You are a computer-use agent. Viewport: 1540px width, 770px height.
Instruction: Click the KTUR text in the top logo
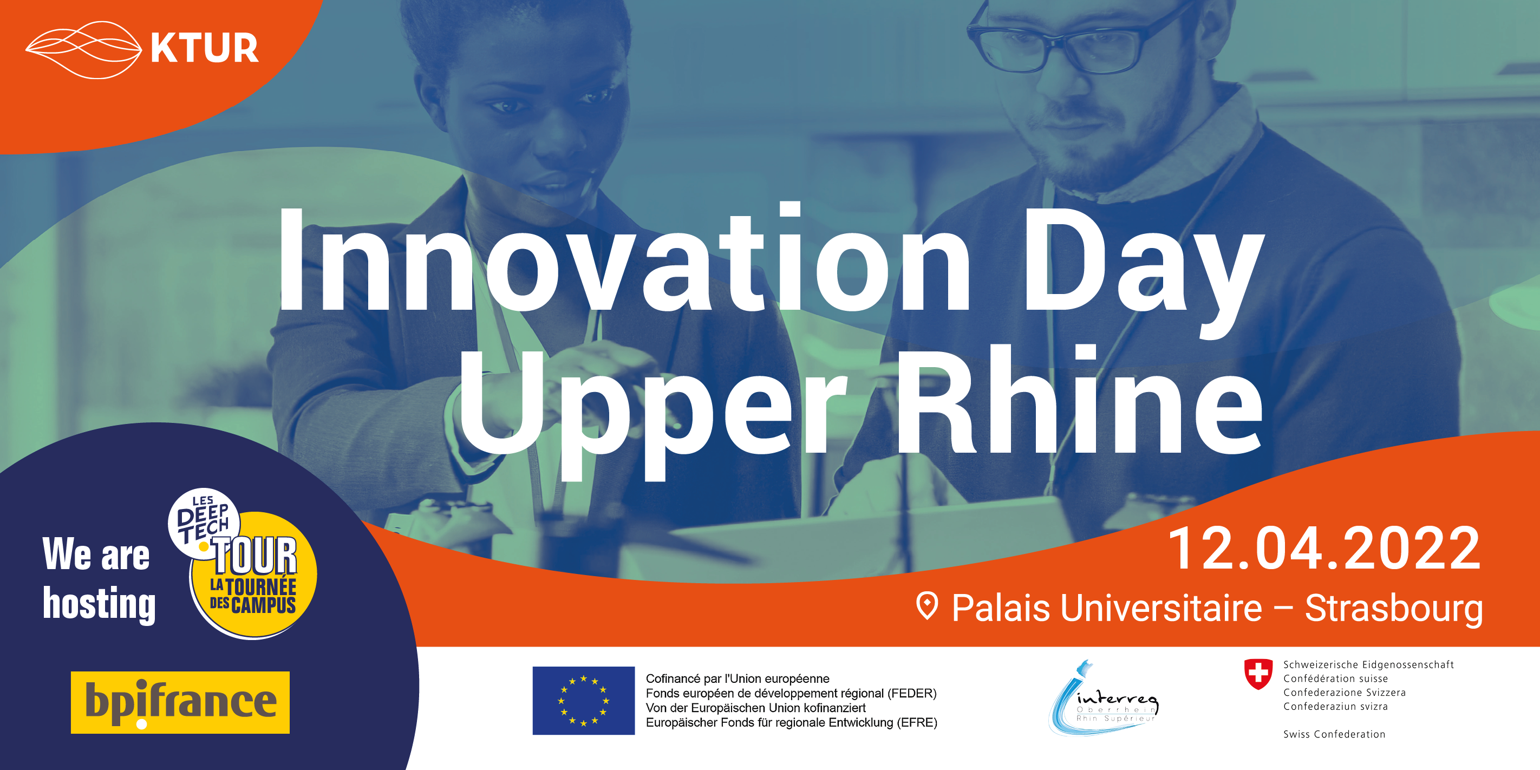[x=205, y=48]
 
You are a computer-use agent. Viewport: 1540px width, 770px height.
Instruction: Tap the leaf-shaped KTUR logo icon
[x=84, y=50]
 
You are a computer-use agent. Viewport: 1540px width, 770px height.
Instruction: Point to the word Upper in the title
[x=654, y=413]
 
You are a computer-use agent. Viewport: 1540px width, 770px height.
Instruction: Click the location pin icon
[x=927, y=605]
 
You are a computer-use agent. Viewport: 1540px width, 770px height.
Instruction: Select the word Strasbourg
[x=1394, y=609]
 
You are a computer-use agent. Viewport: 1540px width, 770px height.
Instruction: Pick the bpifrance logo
[x=180, y=702]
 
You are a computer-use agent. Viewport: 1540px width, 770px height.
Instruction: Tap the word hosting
[x=99, y=604]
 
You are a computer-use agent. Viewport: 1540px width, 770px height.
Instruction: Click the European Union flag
[x=584, y=701]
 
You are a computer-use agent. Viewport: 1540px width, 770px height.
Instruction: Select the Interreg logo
[x=1104, y=699]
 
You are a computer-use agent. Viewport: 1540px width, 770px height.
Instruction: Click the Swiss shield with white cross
[x=1258, y=674]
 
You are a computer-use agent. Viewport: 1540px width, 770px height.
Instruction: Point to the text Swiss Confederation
[x=1334, y=734]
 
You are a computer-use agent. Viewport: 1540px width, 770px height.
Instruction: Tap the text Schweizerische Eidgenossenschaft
[x=1368, y=664]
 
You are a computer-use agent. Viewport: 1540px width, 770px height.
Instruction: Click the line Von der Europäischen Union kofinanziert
[x=756, y=708]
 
